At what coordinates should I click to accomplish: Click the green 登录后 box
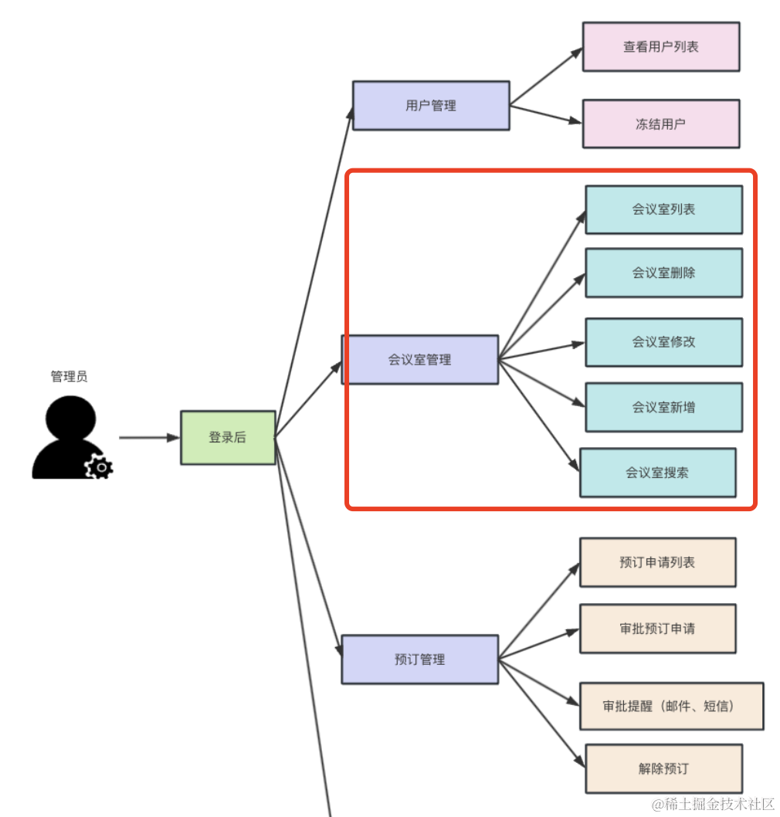click(x=228, y=438)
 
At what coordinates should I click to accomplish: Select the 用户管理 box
click(x=431, y=106)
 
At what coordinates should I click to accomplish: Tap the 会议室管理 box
click(x=420, y=360)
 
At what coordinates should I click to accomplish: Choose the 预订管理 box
click(x=420, y=659)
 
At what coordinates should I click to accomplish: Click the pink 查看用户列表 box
click(x=661, y=47)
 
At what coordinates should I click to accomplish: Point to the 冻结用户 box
click(x=661, y=124)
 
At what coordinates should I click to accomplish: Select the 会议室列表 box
click(x=663, y=209)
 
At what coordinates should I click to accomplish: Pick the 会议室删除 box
click(x=663, y=273)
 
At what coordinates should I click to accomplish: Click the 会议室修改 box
click(x=663, y=342)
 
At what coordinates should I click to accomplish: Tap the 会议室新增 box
click(x=663, y=407)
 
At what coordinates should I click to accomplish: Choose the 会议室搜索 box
click(x=658, y=473)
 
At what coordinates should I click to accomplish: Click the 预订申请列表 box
click(x=658, y=562)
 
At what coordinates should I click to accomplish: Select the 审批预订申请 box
click(x=658, y=629)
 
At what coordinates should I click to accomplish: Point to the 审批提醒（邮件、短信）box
click(x=671, y=706)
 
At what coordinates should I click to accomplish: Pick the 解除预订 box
click(x=663, y=768)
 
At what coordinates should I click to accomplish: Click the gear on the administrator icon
click(x=99, y=467)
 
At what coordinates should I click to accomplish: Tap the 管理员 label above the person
click(x=70, y=377)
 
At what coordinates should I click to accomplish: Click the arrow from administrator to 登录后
click(x=148, y=438)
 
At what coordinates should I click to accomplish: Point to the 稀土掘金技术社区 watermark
click(x=714, y=805)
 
